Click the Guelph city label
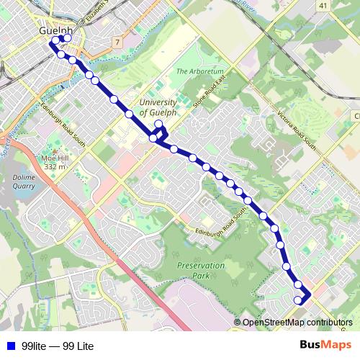pos(57,32)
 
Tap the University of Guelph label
pos(157,107)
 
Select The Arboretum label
pos(201,72)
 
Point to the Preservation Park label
pos(201,270)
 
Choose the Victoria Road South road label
pos(297,130)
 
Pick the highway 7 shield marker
pos(116,42)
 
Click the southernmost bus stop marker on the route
pos(298,300)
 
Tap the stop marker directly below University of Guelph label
pos(158,124)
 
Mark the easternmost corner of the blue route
pos(310,295)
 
